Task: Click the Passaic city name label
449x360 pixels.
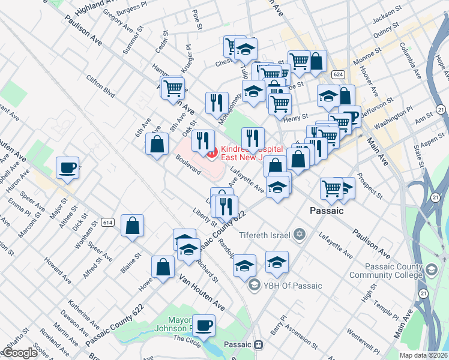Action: pos(326,211)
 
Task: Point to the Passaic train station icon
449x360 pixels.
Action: pos(259,345)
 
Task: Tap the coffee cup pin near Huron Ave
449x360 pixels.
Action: pos(68,167)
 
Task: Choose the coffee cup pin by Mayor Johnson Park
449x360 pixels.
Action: pos(204,325)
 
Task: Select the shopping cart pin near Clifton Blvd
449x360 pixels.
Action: pos(172,88)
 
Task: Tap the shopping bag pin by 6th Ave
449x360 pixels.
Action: pos(157,145)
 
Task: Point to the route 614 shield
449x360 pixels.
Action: pos(108,223)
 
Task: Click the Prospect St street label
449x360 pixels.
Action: pos(369,186)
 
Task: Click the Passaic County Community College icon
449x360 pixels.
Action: pos(432,271)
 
